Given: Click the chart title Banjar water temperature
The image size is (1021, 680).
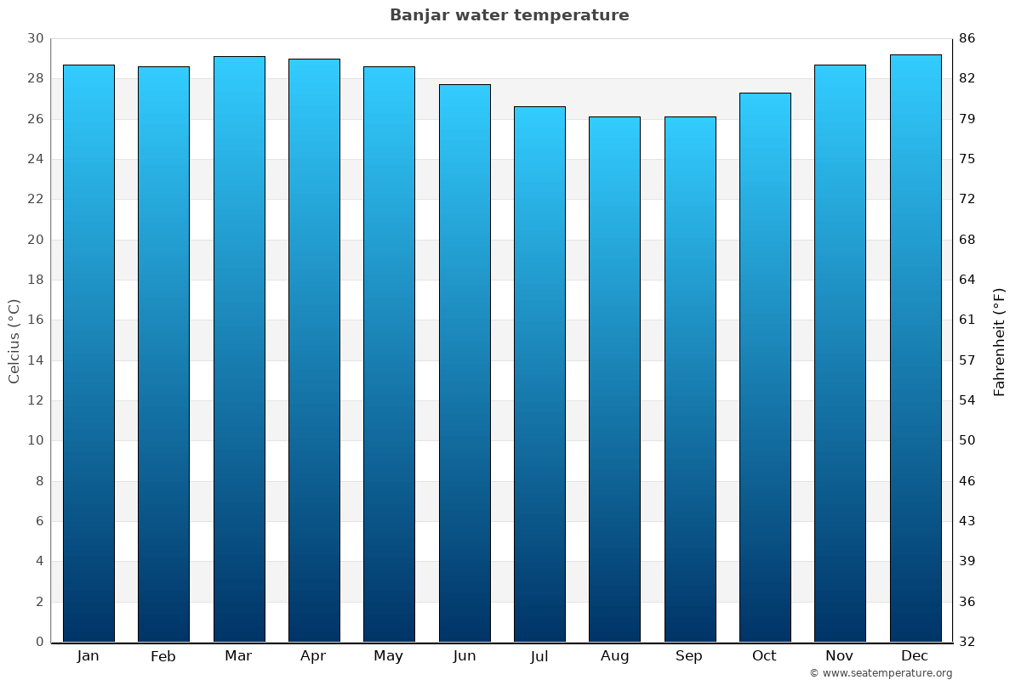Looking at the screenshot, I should pyautogui.click(x=509, y=15).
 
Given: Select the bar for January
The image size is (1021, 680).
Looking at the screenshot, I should pyautogui.click(x=88, y=353).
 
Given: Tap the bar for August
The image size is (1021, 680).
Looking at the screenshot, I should pyautogui.click(x=614, y=379).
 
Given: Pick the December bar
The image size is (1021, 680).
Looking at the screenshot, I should pyautogui.click(x=915, y=348).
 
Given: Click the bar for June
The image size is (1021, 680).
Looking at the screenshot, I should pyautogui.click(x=465, y=363).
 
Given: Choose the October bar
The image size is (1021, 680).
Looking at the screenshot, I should pyautogui.click(x=765, y=367).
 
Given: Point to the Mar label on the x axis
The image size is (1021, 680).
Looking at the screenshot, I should pyautogui.click(x=238, y=655).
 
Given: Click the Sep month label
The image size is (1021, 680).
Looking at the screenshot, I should pyautogui.click(x=689, y=655).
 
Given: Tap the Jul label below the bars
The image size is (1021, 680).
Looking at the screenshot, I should pyautogui.click(x=539, y=655).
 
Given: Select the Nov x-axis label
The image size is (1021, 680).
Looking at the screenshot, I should pyautogui.click(x=840, y=655).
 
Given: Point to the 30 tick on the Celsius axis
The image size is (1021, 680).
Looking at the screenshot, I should pyautogui.click(x=35, y=38).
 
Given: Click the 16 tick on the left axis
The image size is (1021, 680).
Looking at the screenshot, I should pyautogui.click(x=35, y=320).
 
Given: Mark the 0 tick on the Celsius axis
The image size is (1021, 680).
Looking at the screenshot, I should pyautogui.click(x=39, y=642).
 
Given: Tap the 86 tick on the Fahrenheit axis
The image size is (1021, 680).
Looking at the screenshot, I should pyautogui.click(x=967, y=38).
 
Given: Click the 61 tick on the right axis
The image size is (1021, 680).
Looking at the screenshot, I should pyautogui.click(x=967, y=320).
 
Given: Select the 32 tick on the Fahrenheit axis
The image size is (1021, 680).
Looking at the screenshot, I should pyautogui.click(x=967, y=642).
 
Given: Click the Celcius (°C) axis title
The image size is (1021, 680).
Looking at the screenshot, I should pyautogui.click(x=14, y=340).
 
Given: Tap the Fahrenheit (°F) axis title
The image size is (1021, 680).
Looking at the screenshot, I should pyautogui.click(x=1000, y=341).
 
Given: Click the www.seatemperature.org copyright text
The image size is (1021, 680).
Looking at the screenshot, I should pyautogui.click(x=881, y=673).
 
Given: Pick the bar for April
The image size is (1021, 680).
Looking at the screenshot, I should pyautogui.click(x=314, y=350).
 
